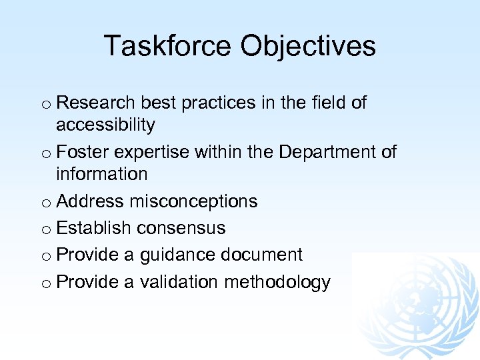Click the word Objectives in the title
click(308, 46)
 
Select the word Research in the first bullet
click(97, 103)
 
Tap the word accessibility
click(105, 125)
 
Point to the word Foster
click(83, 152)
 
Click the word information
click(101, 174)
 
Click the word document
click(261, 255)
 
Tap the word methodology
click(277, 283)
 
